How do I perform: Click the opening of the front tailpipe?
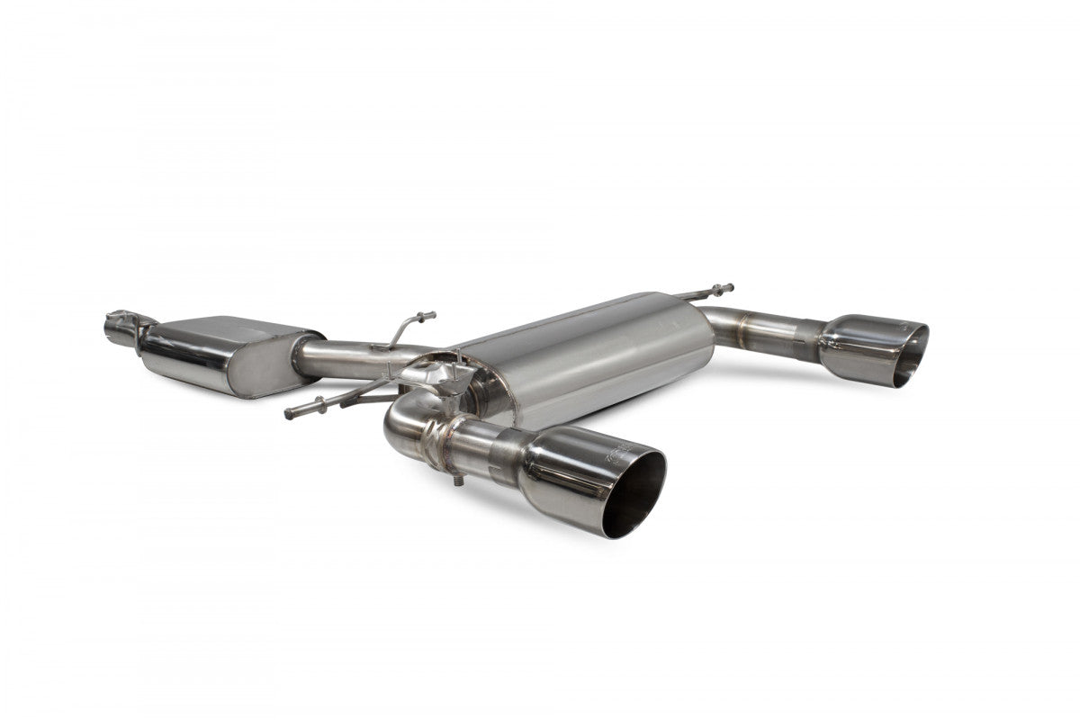(x=634, y=493)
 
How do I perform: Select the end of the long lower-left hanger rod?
(x=291, y=414)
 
